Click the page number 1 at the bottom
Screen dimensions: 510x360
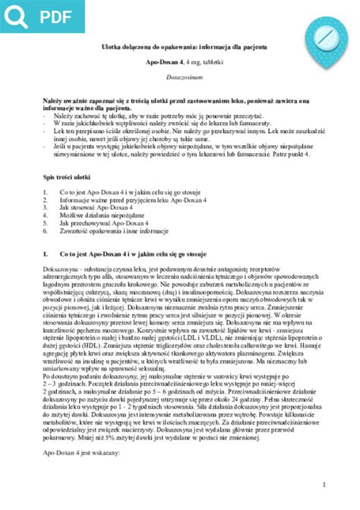tap(324, 484)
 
